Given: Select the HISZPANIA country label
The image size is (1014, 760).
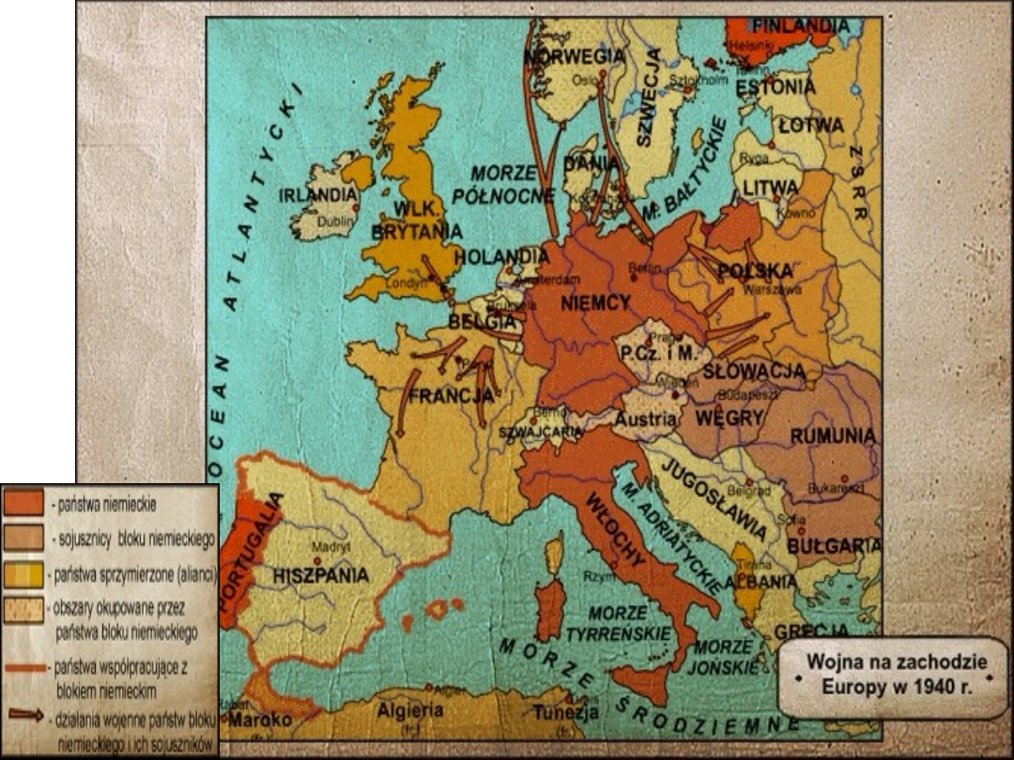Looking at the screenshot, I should click(321, 575).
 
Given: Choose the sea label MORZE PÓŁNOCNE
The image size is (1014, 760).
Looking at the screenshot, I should click(503, 185).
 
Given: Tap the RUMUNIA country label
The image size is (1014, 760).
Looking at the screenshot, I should click(833, 436).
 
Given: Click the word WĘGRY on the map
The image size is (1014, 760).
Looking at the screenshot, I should click(731, 417).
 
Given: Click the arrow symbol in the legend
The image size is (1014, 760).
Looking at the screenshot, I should click(25, 714).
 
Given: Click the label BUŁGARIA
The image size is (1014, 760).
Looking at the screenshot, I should click(834, 545).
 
